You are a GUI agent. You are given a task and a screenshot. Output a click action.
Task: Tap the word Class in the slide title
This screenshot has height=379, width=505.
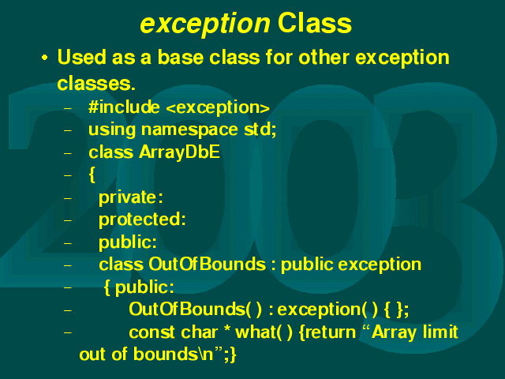pos(315,23)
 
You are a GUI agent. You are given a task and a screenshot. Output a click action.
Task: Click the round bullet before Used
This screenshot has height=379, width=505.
pos(44,58)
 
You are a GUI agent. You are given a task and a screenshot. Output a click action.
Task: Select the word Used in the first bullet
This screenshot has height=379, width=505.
pos(82,58)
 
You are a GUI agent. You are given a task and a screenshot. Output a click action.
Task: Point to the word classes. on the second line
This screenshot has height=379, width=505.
pos(96,84)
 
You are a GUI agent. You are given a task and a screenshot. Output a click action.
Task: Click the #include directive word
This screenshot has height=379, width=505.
pos(124,107)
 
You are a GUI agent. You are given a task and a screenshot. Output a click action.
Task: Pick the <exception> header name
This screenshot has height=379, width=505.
pos(218,108)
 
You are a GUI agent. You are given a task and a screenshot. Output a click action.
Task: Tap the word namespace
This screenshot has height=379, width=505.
pos(189,130)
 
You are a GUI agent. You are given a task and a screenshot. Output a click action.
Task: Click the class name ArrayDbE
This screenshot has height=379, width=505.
pos(180,152)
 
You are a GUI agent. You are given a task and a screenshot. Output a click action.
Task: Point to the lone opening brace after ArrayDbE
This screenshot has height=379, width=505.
pos(92,175)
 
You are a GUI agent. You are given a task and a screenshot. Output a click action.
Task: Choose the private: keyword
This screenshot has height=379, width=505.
pos(131,197)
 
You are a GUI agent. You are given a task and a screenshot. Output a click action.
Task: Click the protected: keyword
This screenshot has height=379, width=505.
pos(142,220)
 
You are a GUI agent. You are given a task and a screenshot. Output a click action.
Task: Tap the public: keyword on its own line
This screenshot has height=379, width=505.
pos(128,242)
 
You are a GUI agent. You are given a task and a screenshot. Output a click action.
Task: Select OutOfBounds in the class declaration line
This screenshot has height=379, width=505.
pos(207,265)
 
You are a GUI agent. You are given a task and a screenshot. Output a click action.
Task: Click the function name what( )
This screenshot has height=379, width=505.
pos(264,332)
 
